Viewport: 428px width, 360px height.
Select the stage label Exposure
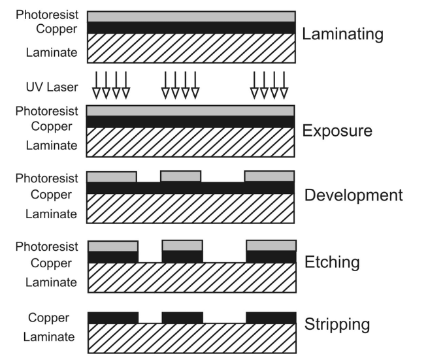point(337,131)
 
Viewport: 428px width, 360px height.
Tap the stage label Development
point(354,195)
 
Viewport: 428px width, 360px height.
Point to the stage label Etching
point(333,263)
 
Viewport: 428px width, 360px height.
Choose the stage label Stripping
point(338,324)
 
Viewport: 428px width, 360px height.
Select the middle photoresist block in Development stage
point(180,176)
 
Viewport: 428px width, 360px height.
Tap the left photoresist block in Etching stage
point(112,246)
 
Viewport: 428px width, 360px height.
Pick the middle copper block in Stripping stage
point(182,318)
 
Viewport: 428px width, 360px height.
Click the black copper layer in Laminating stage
point(190,28)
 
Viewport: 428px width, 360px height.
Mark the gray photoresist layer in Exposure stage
point(190,111)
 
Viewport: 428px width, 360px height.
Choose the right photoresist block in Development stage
point(269,176)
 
